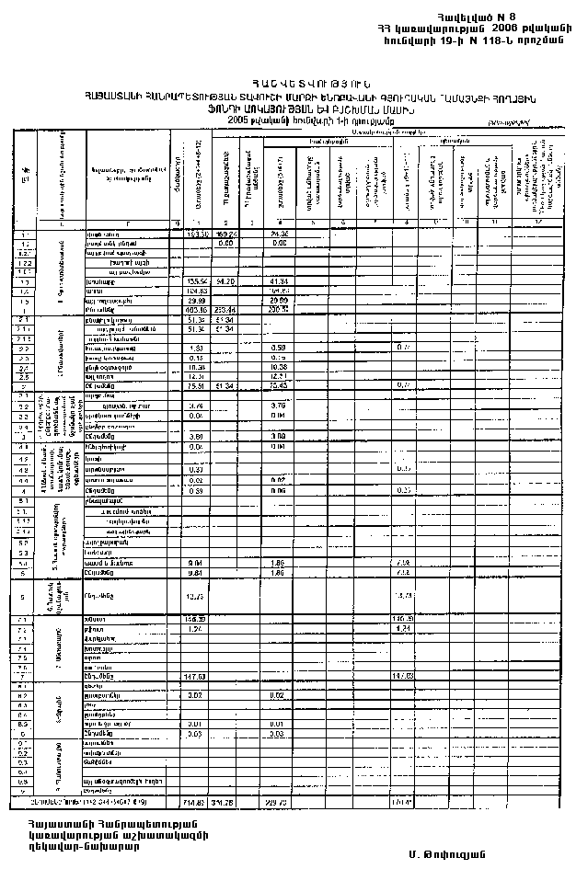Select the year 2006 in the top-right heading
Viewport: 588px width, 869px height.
(503, 29)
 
